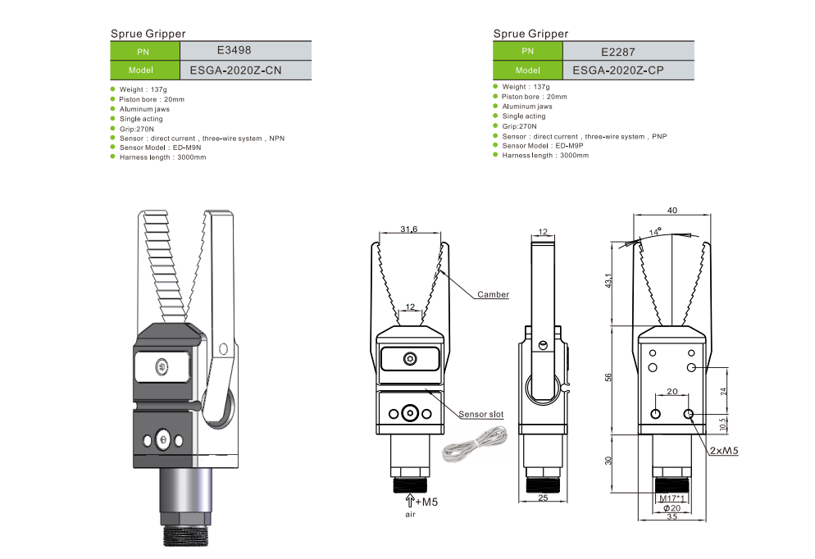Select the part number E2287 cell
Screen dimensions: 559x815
click(628, 50)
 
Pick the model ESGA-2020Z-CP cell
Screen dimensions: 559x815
click(628, 70)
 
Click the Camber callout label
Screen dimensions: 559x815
click(493, 294)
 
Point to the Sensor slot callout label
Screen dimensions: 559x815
click(481, 415)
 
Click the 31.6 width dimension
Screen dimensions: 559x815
click(408, 230)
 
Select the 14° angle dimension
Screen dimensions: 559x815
click(653, 232)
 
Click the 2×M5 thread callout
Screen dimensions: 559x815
click(724, 450)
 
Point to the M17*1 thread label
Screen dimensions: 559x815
click(672, 498)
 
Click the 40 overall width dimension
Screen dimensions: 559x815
click(672, 211)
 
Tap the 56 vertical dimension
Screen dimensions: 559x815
click(608, 377)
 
